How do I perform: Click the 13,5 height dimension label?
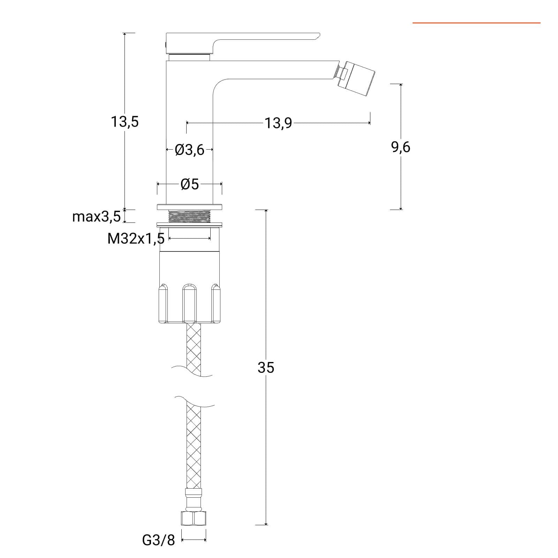tap(125, 122)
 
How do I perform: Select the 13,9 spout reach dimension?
tap(278, 123)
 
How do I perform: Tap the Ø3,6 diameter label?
tap(189, 150)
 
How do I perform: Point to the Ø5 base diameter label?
tap(190, 184)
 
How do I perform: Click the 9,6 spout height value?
tap(401, 147)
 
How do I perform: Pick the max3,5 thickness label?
tap(96, 217)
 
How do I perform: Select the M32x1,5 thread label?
tap(136, 239)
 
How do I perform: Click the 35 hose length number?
tap(266, 367)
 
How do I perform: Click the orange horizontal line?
tap(476, 23)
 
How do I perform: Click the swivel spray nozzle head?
tap(357, 78)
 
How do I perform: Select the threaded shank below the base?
tap(190, 216)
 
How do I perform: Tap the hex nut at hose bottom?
tap(194, 518)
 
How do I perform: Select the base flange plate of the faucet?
tap(189, 206)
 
